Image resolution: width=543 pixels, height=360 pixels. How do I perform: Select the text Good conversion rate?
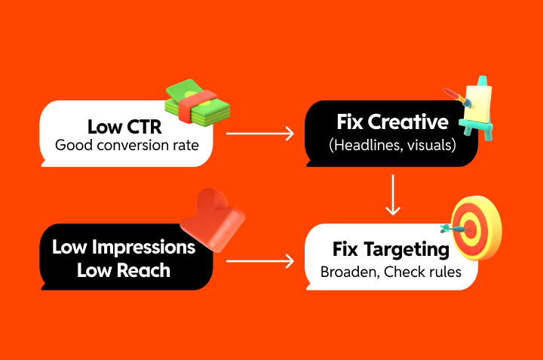pyautogui.click(x=127, y=143)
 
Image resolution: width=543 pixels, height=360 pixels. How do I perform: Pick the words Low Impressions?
pyautogui.click(x=124, y=248)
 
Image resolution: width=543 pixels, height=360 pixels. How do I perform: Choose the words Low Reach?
pyautogui.click(x=124, y=269)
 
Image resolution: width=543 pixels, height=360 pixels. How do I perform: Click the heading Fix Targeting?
pyautogui.click(x=391, y=249)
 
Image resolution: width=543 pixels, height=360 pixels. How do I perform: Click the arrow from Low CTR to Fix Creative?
pyautogui.click(x=260, y=134)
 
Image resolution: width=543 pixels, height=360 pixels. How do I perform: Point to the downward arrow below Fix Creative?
pyautogui.click(x=392, y=194)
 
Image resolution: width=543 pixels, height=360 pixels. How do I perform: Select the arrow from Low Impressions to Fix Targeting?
pyautogui.click(x=260, y=262)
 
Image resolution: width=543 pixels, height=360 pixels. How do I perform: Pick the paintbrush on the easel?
pyautogui.click(x=458, y=96)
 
